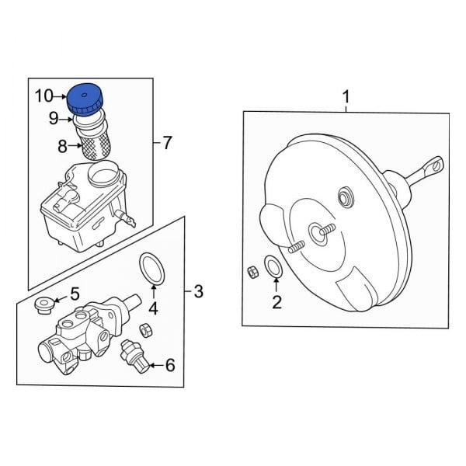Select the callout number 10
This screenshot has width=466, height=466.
[44, 96]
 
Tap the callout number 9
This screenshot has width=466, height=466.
[54, 119]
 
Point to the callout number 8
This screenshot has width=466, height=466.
[63, 144]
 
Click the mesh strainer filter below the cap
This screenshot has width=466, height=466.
[96, 144]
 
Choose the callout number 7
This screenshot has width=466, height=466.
[168, 143]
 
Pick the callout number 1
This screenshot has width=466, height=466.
[346, 97]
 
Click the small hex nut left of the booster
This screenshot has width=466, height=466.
[252, 271]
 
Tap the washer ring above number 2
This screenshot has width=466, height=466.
[273, 266]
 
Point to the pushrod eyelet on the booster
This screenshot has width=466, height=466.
[436, 165]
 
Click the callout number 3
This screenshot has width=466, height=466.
[198, 292]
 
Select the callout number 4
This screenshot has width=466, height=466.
[154, 308]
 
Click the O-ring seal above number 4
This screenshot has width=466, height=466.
[151, 268]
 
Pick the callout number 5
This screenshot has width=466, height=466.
[75, 294]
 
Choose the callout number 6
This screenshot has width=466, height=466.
[169, 364]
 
